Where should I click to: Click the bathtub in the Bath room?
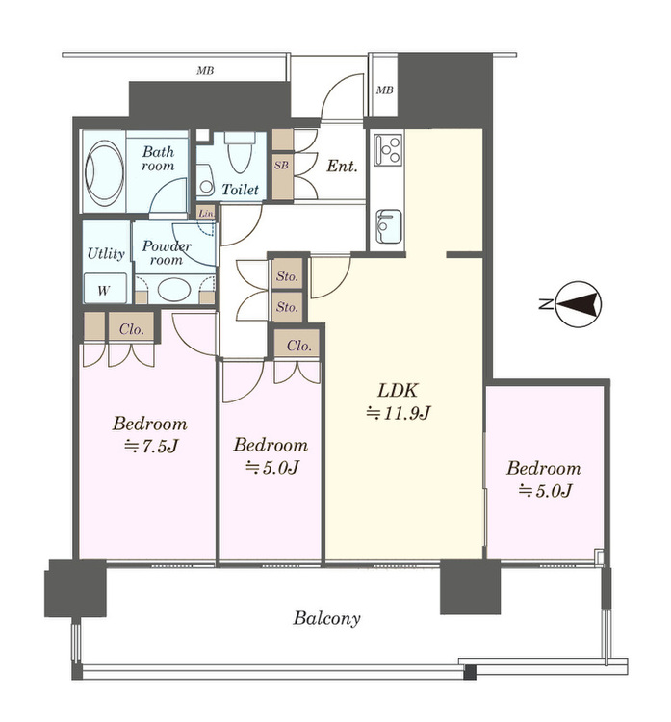(104, 172)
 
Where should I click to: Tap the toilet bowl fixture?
(240, 152)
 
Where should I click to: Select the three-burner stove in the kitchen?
(387, 149)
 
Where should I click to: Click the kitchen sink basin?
(388, 226)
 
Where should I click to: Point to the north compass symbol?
(579, 304)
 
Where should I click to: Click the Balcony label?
(326, 618)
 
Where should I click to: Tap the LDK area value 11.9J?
(398, 413)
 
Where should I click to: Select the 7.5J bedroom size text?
(150, 446)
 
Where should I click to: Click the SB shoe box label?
(281, 165)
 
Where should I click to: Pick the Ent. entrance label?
(342, 166)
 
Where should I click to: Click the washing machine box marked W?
(105, 288)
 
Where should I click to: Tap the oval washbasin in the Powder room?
(174, 289)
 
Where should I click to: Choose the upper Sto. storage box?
(287, 275)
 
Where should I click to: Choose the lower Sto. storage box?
(287, 307)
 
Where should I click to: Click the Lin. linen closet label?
(206, 214)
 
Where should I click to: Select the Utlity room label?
(106, 254)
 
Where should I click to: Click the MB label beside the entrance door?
(384, 90)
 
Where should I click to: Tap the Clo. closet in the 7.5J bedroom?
(131, 328)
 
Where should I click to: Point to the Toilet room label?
(240, 190)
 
